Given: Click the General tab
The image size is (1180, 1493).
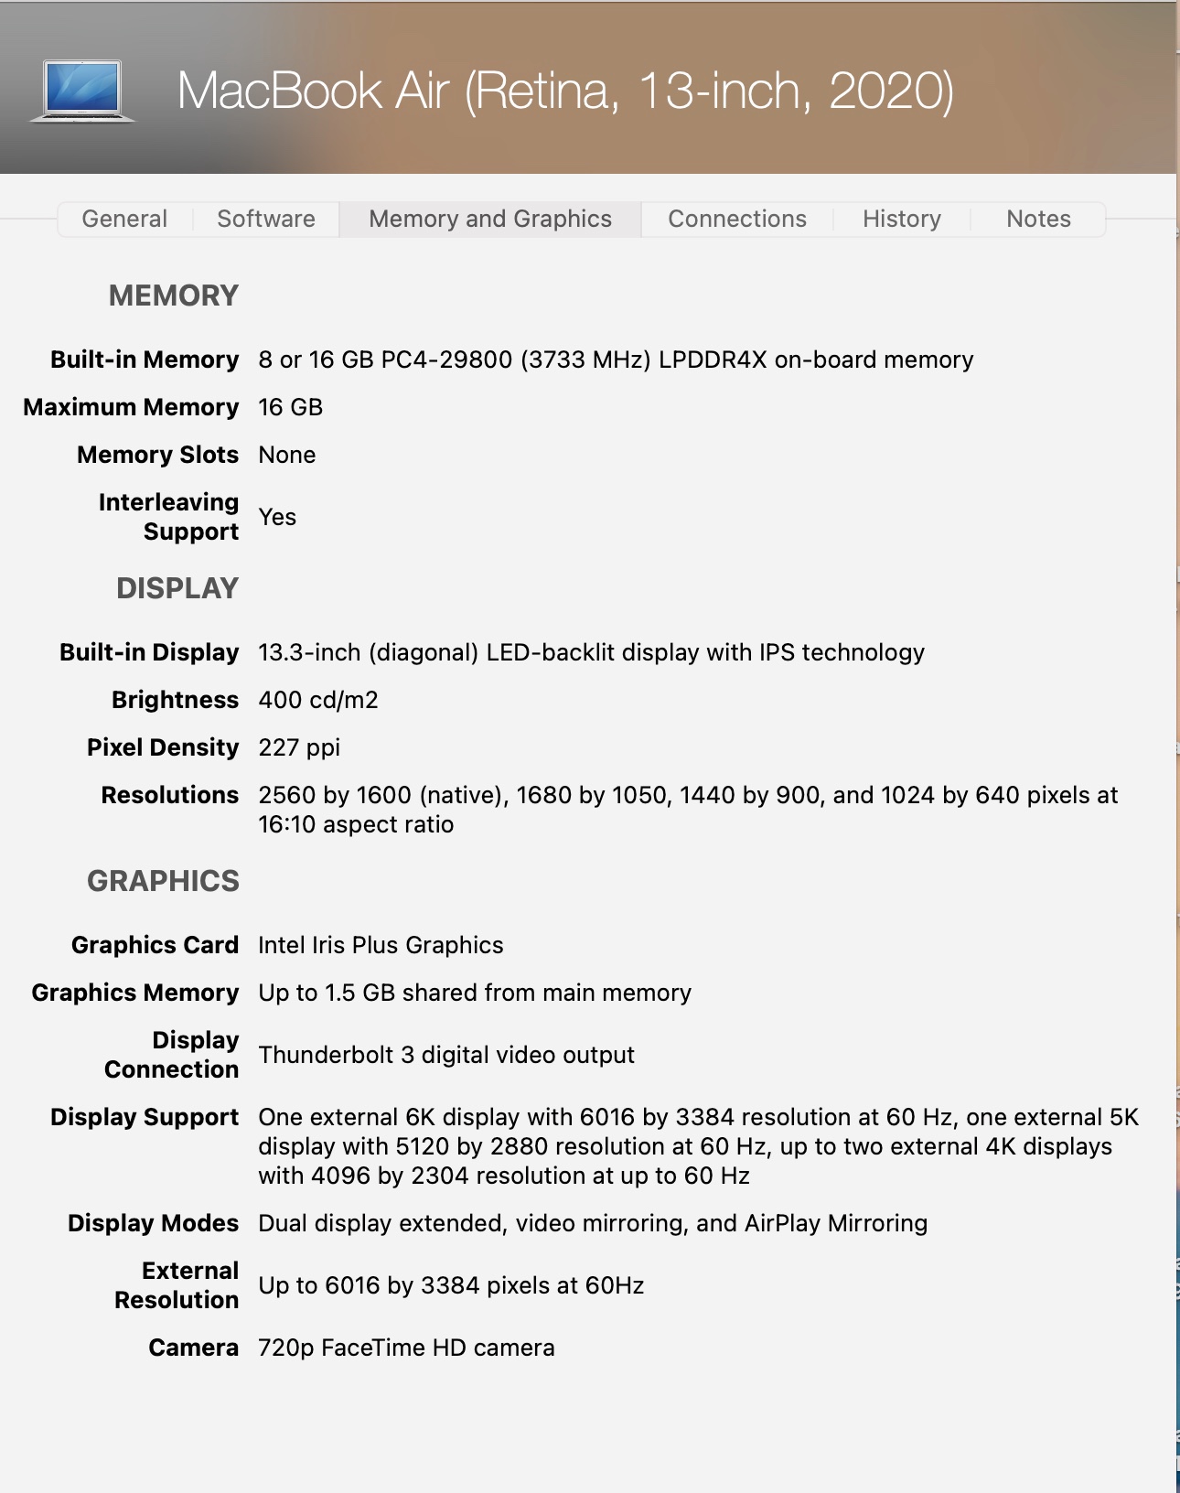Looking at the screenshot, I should [124, 220].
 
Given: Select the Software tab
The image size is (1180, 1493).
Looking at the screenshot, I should [266, 220].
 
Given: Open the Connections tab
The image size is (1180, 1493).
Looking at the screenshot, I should [737, 220].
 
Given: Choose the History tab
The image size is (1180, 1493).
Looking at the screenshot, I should [902, 220].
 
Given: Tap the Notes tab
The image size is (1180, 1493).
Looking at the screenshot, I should [1038, 220].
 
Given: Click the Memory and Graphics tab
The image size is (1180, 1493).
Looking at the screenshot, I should [490, 220].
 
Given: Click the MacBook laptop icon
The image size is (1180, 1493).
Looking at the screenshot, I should [82, 91].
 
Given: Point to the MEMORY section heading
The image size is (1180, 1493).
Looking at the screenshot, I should [174, 295].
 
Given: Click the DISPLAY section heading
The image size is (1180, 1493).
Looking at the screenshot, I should [177, 588].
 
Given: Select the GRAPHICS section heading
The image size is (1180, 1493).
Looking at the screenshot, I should [164, 881].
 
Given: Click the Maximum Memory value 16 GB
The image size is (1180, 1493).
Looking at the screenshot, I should [291, 407].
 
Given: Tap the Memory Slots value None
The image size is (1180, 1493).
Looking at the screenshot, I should [287, 455].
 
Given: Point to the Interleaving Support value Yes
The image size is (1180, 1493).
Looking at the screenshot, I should [277, 517].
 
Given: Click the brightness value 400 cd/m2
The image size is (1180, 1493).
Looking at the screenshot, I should [318, 700].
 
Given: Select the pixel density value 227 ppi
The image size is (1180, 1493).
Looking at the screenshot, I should [299, 747].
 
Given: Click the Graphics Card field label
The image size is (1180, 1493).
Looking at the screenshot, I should [156, 945].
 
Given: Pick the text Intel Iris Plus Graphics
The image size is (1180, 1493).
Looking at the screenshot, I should [381, 945].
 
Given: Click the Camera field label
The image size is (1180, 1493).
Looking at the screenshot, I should [194, 1348].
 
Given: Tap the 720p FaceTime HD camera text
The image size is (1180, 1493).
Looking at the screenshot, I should [406, 1348].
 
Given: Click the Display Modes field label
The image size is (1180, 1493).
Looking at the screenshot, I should [154, 1223].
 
